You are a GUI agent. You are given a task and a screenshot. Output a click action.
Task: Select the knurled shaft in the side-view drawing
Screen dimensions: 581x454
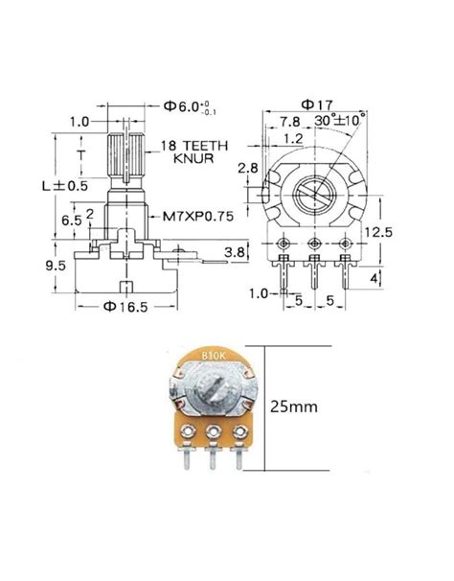coord(127,155)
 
